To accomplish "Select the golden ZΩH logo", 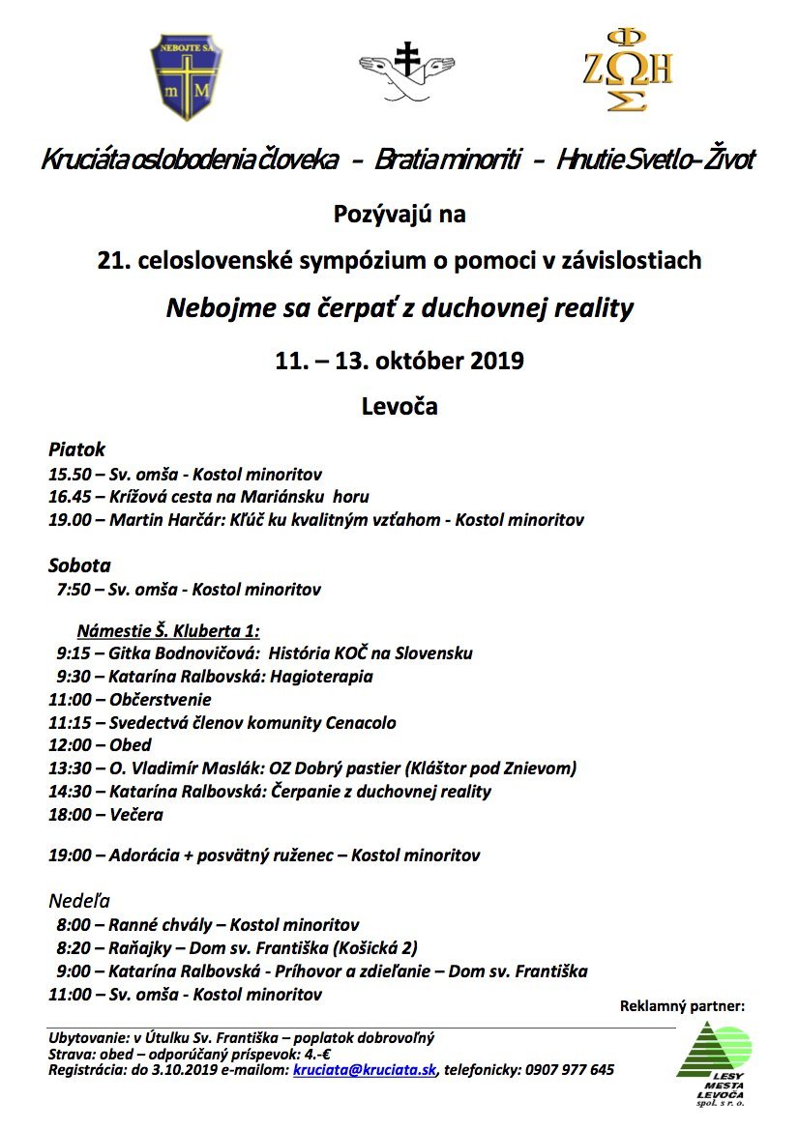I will click(626, 71).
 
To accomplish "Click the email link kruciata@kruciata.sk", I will click(365, 1070).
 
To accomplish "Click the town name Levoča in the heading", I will click(399, 406).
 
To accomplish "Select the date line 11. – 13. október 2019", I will click(399, 362).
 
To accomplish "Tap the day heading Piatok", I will click(76, 449).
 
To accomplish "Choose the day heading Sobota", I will click(79, 565).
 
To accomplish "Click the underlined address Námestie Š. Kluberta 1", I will click(168, 630).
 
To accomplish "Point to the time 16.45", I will click(69, 497).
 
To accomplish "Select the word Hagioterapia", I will click(325, 677).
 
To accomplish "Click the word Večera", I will click(136, 814).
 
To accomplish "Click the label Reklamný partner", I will click(683, 1006).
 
